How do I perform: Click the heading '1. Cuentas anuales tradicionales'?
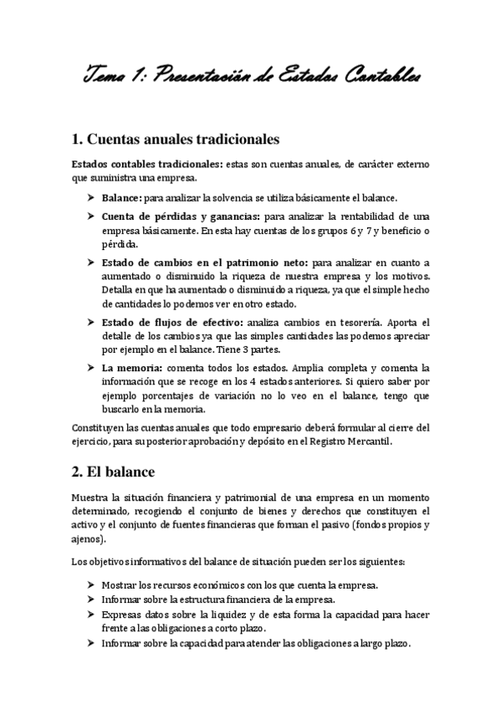tap(176, 137)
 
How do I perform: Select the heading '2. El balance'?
tap(121, 472)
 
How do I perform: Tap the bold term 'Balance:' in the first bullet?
tap(121, 198)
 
